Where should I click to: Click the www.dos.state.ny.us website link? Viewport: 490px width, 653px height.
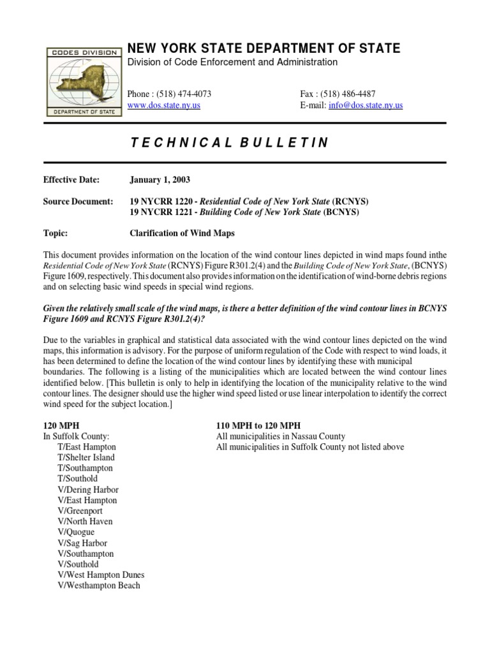[x=164, y=105]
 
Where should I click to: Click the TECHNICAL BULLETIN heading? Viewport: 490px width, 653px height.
[x=229, y=143]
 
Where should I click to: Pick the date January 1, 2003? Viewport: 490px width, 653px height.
[x=160, y=180]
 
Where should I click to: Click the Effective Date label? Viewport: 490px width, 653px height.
[x=71, y=180]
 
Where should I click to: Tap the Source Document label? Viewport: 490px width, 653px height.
[x=78, y=202]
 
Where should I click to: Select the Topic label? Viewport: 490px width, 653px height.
[x=56, y=233]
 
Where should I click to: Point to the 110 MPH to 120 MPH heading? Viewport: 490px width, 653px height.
[x=258, y=425]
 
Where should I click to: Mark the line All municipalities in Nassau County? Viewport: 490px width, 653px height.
[x=281, y=436]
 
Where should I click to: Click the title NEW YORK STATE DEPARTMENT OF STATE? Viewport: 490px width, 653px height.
[x=264, y=48]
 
